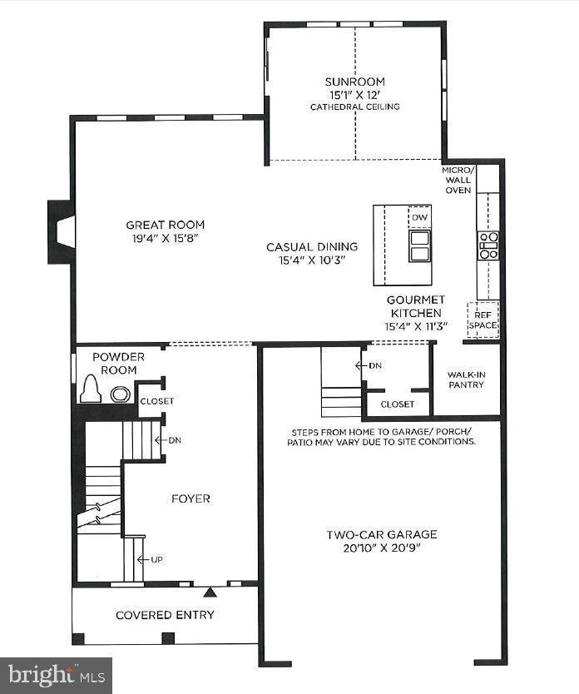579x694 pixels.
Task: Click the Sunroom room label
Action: coord(355,82)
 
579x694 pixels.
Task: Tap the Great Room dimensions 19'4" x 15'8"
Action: coord(165,238)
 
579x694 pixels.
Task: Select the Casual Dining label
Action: coord(312,246)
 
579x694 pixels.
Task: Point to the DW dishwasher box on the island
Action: coord(419,218)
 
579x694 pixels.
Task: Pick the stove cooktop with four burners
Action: coord(487,245)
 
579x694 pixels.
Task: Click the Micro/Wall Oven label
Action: coord(458,180)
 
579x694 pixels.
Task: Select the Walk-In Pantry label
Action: coord(467,380)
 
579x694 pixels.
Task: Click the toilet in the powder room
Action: coord(90,390)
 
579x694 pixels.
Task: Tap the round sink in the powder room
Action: coord(121,394)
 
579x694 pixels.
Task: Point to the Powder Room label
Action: coord(119,363)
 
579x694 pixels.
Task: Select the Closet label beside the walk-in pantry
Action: coord(397,404)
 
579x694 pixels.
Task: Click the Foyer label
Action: coord(191,498)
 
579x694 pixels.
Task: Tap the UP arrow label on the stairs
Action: coord(156,559)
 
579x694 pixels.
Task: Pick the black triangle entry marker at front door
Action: coord(210,592)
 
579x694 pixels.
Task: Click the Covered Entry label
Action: coord(165,615)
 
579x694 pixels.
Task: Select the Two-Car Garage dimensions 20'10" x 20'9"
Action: coord(382,549)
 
